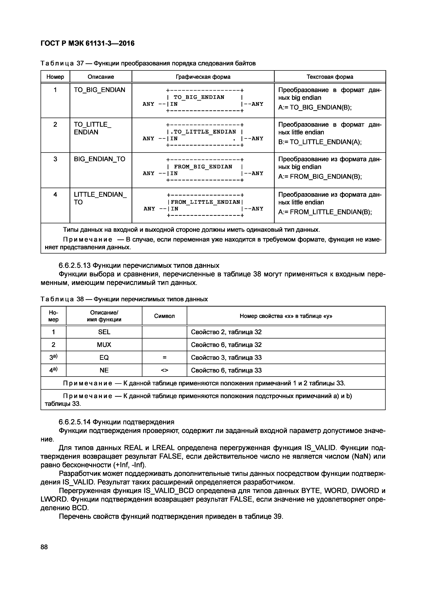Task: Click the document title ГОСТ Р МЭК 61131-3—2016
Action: pos(88,43)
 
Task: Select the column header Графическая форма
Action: pos(203,77)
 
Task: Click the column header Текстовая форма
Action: pos(330,77)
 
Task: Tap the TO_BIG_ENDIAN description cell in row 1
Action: pos(99,90)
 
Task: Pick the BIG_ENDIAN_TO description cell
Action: pos(99,159)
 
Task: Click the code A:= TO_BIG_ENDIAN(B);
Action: pos(315,107)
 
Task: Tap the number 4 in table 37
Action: pos(55,194)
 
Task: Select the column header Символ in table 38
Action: pos(164,316)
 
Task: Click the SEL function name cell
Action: pos(104,332)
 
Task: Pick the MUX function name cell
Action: pos(104,345)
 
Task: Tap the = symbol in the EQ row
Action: pos(164,358)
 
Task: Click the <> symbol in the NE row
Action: pos(164,370)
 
